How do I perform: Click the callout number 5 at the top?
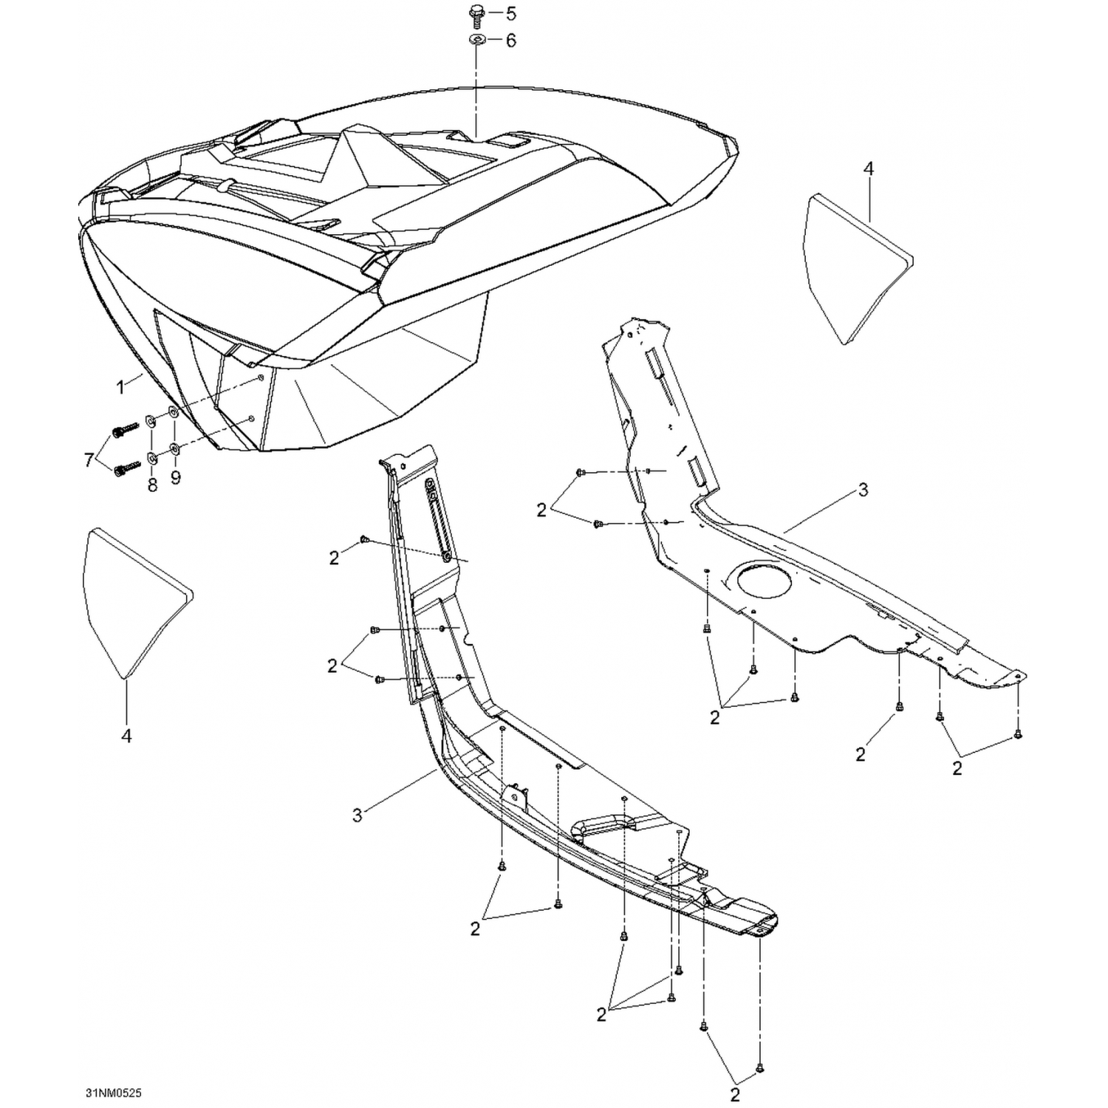[x=510, y=14]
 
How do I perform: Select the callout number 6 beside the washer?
[x=510, y=40]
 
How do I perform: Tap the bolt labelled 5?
[x=476, y=14]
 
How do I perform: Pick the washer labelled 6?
[x=476, y=40]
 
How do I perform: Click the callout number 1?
[x=121, y=386]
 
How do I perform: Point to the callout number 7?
[x=89, y=460]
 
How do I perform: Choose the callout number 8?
[x=153, y=485]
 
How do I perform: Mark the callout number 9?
[x=175, y=478]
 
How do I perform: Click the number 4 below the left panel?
[x=126, y=736]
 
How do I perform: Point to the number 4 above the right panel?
[x=869, y=169]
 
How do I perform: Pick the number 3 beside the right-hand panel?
[x=864, y=490]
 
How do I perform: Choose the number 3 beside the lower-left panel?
[x=358, y=815]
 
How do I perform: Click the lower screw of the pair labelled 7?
[x=125, y=468]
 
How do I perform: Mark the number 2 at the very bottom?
[x=735, y=1094]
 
